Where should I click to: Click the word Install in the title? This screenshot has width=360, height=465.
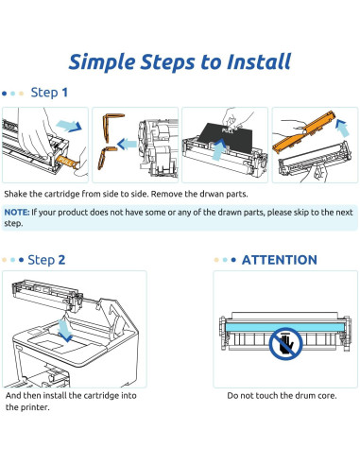tap(259, 61)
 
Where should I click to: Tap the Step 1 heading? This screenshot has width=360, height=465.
tap(49, 93)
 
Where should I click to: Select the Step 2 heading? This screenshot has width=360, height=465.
tap(46, 260)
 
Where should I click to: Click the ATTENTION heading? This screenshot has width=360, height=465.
tap(280, 260)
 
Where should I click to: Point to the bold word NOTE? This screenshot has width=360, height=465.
tap(17, 213)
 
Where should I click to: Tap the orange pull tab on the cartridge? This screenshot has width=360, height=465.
tap(67, 162)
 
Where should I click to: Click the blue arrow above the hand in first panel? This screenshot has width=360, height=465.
tap(69, 126)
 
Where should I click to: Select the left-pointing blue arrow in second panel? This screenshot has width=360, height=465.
tap(127, 145)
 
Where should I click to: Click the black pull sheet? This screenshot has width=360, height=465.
tap(226, 138)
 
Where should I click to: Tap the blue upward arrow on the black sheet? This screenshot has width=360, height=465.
tap(219, 150)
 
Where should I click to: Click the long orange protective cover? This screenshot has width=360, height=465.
tap(303, 131)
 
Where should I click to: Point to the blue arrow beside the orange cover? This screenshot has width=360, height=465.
tap(342, 128)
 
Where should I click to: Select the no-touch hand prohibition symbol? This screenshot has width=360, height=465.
tap(285, 343)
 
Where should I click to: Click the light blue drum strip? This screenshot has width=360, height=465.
tap(284, 326)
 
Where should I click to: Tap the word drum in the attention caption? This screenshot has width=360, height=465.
tap(292, 396)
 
